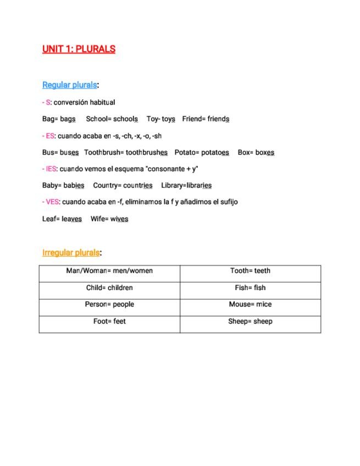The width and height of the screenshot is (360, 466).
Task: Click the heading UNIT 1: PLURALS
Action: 79,49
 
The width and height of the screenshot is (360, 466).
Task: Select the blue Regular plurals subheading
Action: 69,85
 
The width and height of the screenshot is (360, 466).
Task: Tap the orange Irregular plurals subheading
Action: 71,253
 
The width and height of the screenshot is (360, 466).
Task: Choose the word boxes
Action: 264,152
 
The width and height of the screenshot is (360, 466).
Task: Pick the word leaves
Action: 71,219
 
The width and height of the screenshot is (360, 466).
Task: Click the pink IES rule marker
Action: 51,169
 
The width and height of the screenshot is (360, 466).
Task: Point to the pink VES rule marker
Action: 52,202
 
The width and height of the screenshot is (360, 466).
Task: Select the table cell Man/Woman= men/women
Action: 109,271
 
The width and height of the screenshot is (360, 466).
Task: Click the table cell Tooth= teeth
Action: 250,271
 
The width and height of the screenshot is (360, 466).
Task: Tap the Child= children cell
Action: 109,288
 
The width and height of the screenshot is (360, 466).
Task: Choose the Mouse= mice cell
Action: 250,304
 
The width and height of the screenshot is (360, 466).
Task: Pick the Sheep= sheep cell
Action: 250,321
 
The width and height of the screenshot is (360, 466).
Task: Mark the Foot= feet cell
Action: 109,321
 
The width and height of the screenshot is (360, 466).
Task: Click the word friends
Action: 218,119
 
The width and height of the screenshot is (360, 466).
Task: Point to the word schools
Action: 125,119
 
